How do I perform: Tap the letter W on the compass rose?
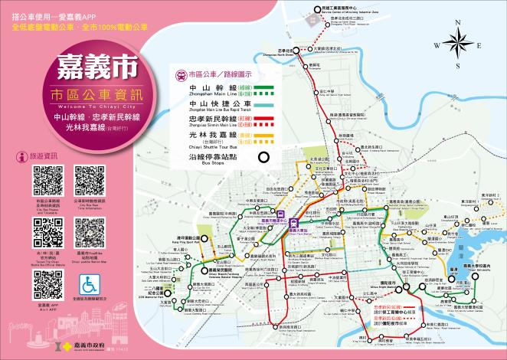click(x=437, y=45)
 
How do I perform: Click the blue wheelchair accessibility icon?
click(x=90, y=283)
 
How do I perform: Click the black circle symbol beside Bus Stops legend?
click(x=263, y=159)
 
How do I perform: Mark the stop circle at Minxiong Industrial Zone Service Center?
click(x=316, y=9)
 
